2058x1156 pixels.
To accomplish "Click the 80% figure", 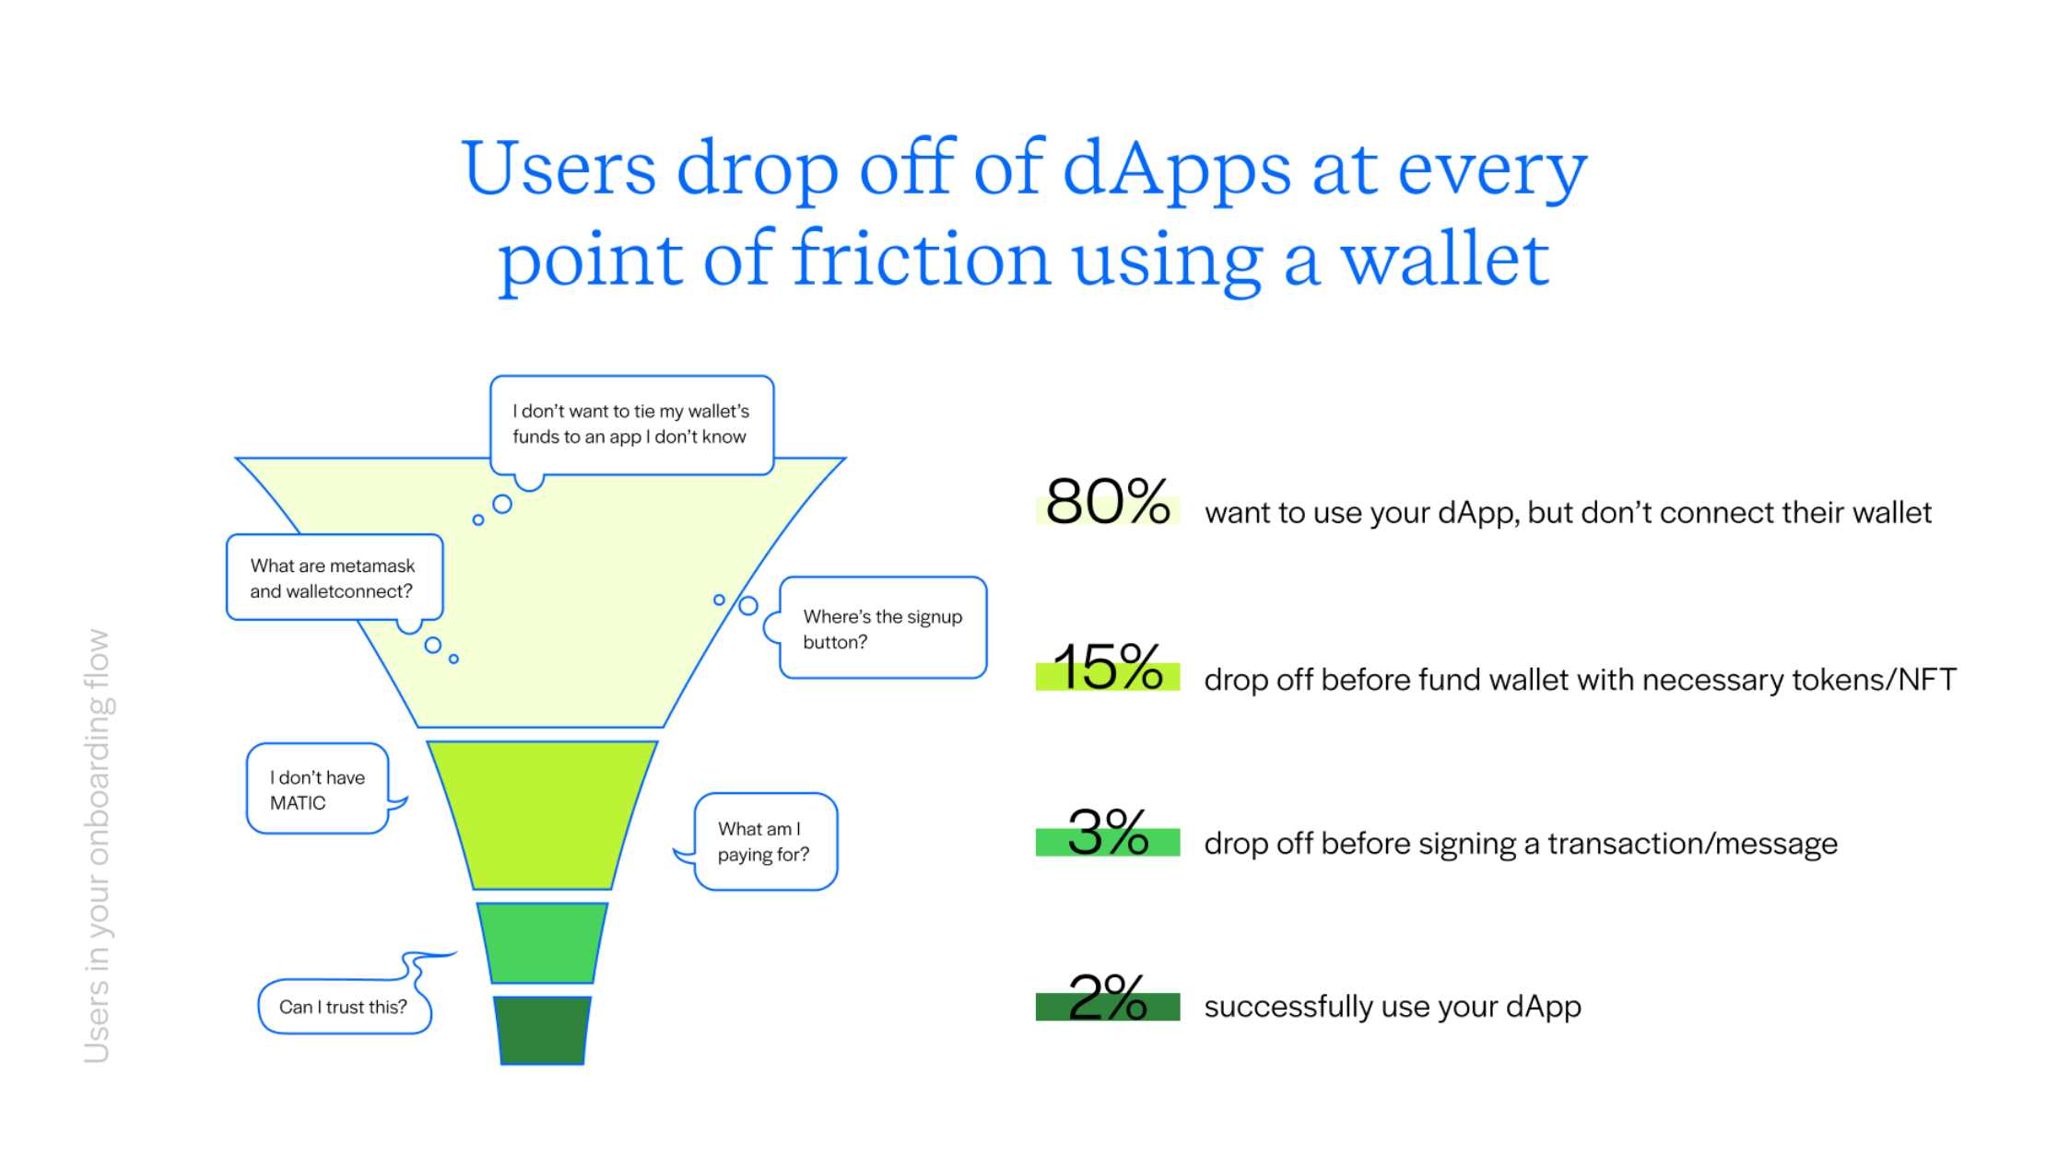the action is coord(1108,502).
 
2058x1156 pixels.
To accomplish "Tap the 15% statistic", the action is coord(1108,667).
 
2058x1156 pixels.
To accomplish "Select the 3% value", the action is coord(1108,833).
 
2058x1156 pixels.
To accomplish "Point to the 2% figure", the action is coord(1108,998).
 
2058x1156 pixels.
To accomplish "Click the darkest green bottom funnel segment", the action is coord(542,1030).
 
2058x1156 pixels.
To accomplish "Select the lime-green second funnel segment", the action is coord(542,815).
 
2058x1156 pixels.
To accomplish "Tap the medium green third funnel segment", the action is coord(542,943).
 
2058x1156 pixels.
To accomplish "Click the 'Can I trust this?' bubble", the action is coord(344,1006).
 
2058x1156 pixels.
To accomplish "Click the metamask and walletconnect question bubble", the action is coord(334,578).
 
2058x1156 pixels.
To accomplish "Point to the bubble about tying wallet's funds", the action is coord(631,425).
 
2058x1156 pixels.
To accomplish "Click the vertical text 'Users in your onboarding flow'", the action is coord(97,846).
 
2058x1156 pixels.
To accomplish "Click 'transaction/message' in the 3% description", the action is coord(1692,844).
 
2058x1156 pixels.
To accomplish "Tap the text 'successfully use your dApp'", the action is coord(1393,1007).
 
